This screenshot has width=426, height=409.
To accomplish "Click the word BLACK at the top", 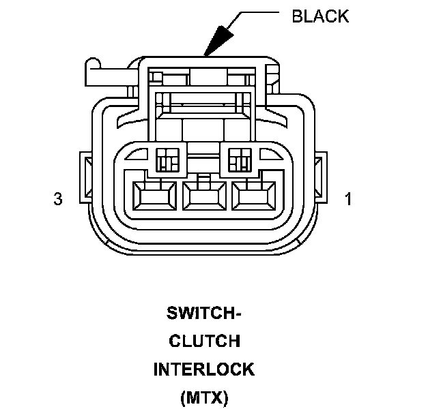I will tap(320, 16).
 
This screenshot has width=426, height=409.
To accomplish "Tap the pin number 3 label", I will tap(58, 199).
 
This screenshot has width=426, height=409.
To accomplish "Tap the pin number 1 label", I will tap(348, 199).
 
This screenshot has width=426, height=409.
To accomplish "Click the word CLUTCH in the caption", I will tap(204, 342).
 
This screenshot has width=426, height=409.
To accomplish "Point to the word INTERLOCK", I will tap(204, 369).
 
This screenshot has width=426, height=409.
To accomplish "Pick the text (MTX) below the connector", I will tap(204, 397).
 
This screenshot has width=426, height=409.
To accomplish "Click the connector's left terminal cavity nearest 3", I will tap(156, 197).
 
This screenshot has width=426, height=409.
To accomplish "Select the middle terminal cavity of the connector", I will tap(204, 197).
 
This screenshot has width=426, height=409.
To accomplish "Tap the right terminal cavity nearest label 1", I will tap(253, 197).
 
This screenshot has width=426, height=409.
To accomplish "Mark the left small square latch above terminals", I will tap(167, 160).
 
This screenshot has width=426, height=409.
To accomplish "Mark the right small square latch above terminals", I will tap(240, 160).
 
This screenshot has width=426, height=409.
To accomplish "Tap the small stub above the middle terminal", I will tap(204, 179).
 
